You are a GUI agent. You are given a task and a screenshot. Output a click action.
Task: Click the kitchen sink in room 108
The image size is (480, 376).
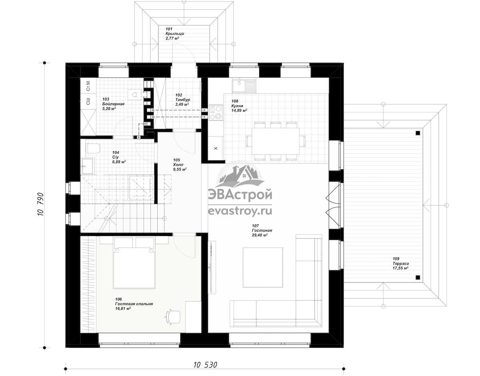coord(244,86)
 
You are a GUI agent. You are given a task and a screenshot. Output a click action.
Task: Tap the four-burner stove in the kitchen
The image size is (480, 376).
coord(216,113)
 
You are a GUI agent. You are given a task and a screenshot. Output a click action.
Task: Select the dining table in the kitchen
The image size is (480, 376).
coord(276,141)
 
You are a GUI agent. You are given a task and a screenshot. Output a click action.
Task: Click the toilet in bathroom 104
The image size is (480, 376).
coord(94,148)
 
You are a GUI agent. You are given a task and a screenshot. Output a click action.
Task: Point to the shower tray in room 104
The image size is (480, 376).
coord(141,188)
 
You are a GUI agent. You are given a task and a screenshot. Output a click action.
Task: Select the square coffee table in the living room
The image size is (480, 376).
coord(263,267)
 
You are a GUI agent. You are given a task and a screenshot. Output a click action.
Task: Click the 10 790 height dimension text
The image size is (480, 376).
coord(41,204)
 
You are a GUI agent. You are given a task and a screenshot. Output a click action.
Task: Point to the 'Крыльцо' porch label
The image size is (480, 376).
coord(175,34)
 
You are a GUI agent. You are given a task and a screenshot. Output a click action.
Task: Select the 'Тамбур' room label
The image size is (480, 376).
coord(182,100)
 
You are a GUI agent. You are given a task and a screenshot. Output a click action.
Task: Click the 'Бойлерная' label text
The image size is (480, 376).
coord(113,104)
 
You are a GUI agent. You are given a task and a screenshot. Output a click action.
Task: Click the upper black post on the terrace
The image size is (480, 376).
coord(418,133)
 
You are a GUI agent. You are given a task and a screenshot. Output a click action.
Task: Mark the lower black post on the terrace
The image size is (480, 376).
coord(418,278)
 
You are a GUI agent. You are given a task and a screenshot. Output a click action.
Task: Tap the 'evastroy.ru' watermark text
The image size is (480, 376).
coord(240,211)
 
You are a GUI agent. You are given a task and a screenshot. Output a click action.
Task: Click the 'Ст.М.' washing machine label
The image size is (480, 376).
coord(88,86)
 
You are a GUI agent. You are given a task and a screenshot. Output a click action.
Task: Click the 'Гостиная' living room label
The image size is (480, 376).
coord(262,230)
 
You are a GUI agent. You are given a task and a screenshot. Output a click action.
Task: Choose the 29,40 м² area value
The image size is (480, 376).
coord(260,235)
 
